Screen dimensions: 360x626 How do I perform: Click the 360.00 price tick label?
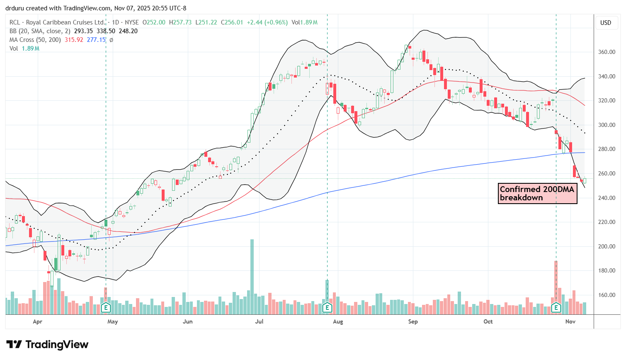(607, 52)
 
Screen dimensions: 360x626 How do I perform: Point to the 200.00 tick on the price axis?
(607, 246)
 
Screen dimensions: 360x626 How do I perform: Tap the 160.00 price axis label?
(607, 295)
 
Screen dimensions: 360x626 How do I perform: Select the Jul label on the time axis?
(259, 321)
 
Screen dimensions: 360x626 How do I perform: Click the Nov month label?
(570, 321)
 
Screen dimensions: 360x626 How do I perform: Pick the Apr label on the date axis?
(37, 321)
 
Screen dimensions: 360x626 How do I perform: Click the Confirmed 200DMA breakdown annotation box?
(537, 194)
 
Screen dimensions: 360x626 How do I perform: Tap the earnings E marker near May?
(106, 308)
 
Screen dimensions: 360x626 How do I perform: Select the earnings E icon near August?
(327, 308)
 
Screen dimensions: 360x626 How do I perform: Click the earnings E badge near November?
(556, 308)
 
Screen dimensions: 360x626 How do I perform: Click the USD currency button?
(606, 23)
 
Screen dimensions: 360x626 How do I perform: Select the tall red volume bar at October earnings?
(556, 282)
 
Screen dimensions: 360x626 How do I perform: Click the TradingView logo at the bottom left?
(47, 345)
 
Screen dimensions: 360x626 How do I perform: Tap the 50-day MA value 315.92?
(74, 40)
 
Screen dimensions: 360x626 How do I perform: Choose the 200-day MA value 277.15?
(96, 40)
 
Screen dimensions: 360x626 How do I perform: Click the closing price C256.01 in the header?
(232, 22)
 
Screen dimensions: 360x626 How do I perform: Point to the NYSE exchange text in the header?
(132, 22)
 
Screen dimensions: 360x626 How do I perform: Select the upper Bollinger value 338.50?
(106, 31)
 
